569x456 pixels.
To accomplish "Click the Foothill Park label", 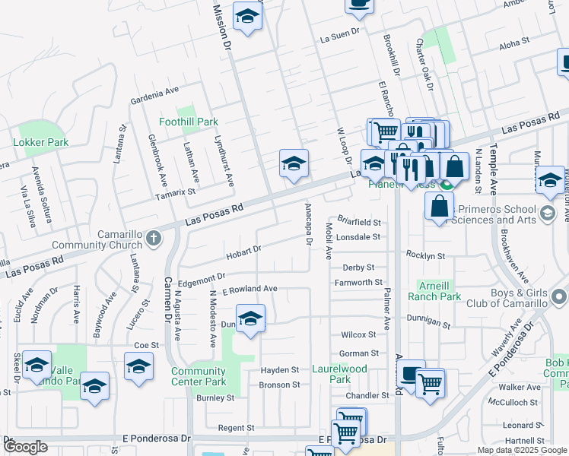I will pos(188,122).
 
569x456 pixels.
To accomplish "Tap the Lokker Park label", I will pos(40,142).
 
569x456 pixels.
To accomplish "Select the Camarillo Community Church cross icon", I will pos(153,239).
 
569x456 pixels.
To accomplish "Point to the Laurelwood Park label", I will pos(330,374).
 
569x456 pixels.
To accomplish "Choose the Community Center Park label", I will pos(199,376).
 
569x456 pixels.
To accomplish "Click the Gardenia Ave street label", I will pos(159,95).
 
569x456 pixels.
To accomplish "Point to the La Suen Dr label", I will pos(339,36).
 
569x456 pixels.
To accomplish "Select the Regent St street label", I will pos(236,429).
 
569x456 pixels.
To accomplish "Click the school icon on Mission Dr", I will pos(246,16).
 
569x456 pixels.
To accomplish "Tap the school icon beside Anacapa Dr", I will pos(294,163).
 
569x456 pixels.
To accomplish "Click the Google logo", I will pos(25,447).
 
